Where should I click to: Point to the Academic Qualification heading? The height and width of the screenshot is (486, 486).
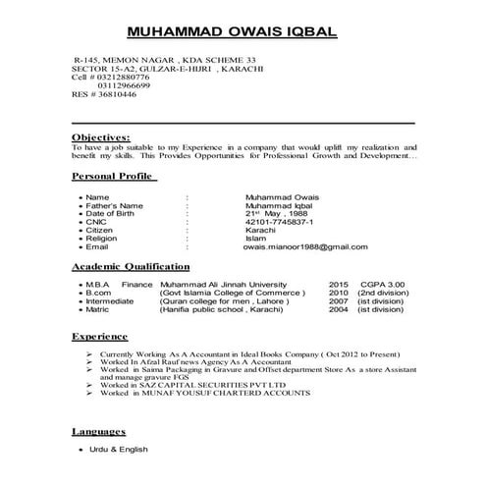coord(132,266)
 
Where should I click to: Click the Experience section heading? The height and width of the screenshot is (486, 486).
coord(100,336)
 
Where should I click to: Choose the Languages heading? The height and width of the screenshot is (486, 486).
coord(99,431)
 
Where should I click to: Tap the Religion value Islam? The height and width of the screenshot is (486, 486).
coord(255,238)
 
